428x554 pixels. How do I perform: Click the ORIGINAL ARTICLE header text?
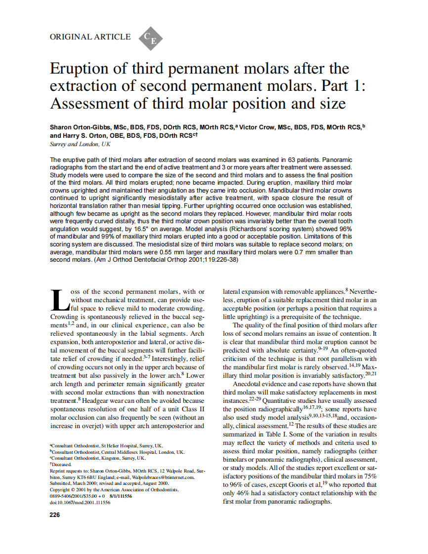coord(90,37)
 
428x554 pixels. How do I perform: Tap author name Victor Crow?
coord(258,127)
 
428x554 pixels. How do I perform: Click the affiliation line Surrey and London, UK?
coord(81,144)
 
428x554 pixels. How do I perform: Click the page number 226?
coord(55,515)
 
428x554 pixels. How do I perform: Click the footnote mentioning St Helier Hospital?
coord(106,445)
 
